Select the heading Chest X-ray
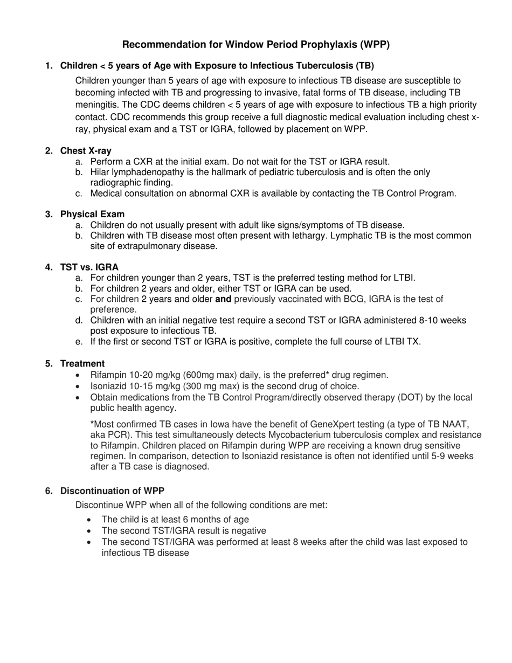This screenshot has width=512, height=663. (x=86, y=151)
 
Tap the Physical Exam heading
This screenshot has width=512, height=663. (x=92, y=215)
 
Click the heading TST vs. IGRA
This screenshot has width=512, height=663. (x=89, y=267)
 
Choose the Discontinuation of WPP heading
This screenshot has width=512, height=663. (x=112, y=491)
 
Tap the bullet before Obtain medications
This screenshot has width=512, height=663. (x=80, y=398)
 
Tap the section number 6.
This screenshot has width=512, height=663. (x=49, y=491)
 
